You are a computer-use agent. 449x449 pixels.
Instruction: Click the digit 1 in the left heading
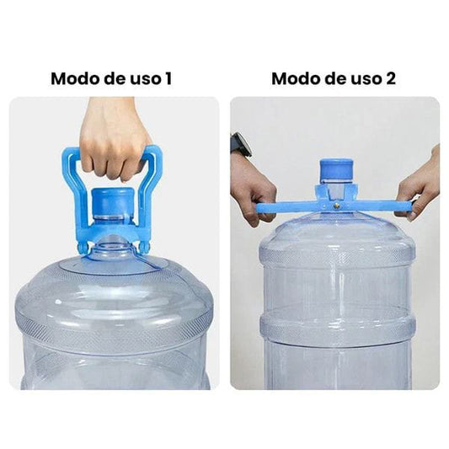(168, 78)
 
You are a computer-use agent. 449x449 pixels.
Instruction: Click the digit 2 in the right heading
(390, 78)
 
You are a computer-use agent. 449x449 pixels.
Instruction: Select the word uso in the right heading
(366, 80)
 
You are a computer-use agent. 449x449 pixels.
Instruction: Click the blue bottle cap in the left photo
(113, 202)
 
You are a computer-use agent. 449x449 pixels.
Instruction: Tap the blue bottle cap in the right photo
(336, 170)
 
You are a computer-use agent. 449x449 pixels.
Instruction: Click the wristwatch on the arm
(241, 145)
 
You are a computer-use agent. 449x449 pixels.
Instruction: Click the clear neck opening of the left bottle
(112, 247)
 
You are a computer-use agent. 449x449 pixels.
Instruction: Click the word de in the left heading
(115, 78)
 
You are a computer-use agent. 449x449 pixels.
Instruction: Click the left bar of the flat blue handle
(289, 207)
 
